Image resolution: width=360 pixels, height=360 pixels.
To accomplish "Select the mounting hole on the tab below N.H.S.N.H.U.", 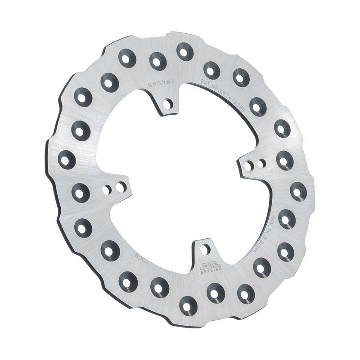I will tap(169, 104).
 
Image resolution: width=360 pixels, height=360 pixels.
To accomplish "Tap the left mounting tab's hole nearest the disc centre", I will tap(120, 185).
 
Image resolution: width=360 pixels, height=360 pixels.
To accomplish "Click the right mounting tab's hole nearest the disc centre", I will tap(249, 165).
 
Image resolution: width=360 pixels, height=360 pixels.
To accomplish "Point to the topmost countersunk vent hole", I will tap(183, 51).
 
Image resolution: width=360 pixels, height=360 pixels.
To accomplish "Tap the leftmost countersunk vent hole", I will tap(67, 158).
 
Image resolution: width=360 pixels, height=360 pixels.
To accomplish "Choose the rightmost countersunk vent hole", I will tap(298, 191).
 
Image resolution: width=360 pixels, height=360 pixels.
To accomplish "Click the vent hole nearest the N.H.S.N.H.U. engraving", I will tap(156, 60).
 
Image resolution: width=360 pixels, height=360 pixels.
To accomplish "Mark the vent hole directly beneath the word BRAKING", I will tap(214, 293).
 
